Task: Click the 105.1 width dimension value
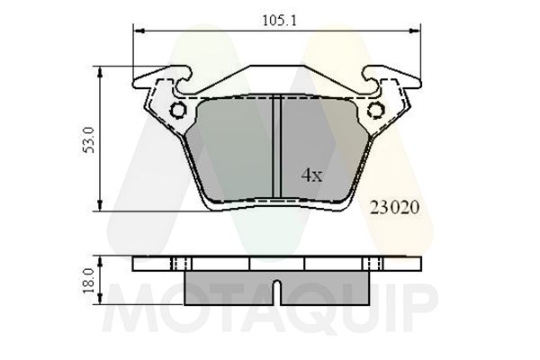(279, 21)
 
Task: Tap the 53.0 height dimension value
(89, 139)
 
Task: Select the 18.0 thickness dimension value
(89, 281)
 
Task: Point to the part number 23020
(395, 208)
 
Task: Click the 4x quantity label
(312, 175)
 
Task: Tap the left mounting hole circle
(178, 111)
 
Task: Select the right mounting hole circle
(375, 111)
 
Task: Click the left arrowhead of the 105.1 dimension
(139, 31)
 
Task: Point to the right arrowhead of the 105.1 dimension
(415, 31)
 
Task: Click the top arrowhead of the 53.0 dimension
(100, 72)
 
